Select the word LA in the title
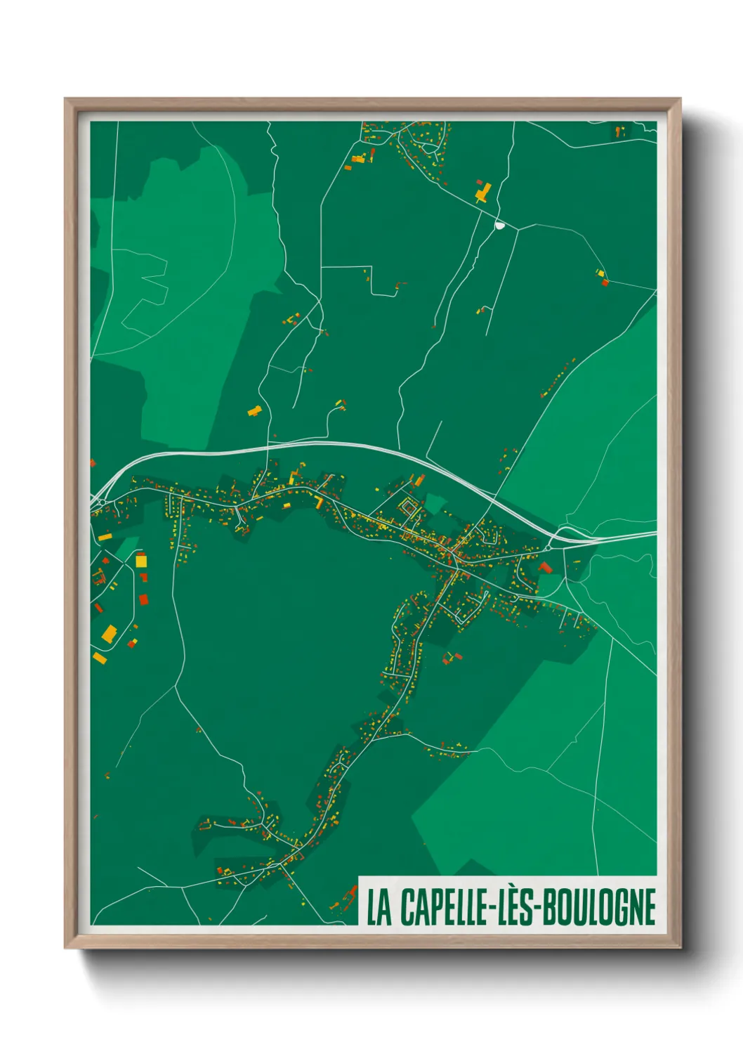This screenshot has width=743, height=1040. [x=379, y=907]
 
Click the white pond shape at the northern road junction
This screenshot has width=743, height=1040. [x=500, y=226]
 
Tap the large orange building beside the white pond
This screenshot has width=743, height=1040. [x=483, y=190]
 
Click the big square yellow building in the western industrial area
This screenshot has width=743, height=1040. [x=141, y=561]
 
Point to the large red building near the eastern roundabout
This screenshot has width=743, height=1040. [x=545, y=566]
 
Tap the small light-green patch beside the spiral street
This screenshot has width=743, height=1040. [x=435, y=502]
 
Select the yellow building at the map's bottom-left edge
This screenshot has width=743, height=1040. [x=99, y=658]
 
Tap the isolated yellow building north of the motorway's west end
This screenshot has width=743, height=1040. [x=255, y=410]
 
